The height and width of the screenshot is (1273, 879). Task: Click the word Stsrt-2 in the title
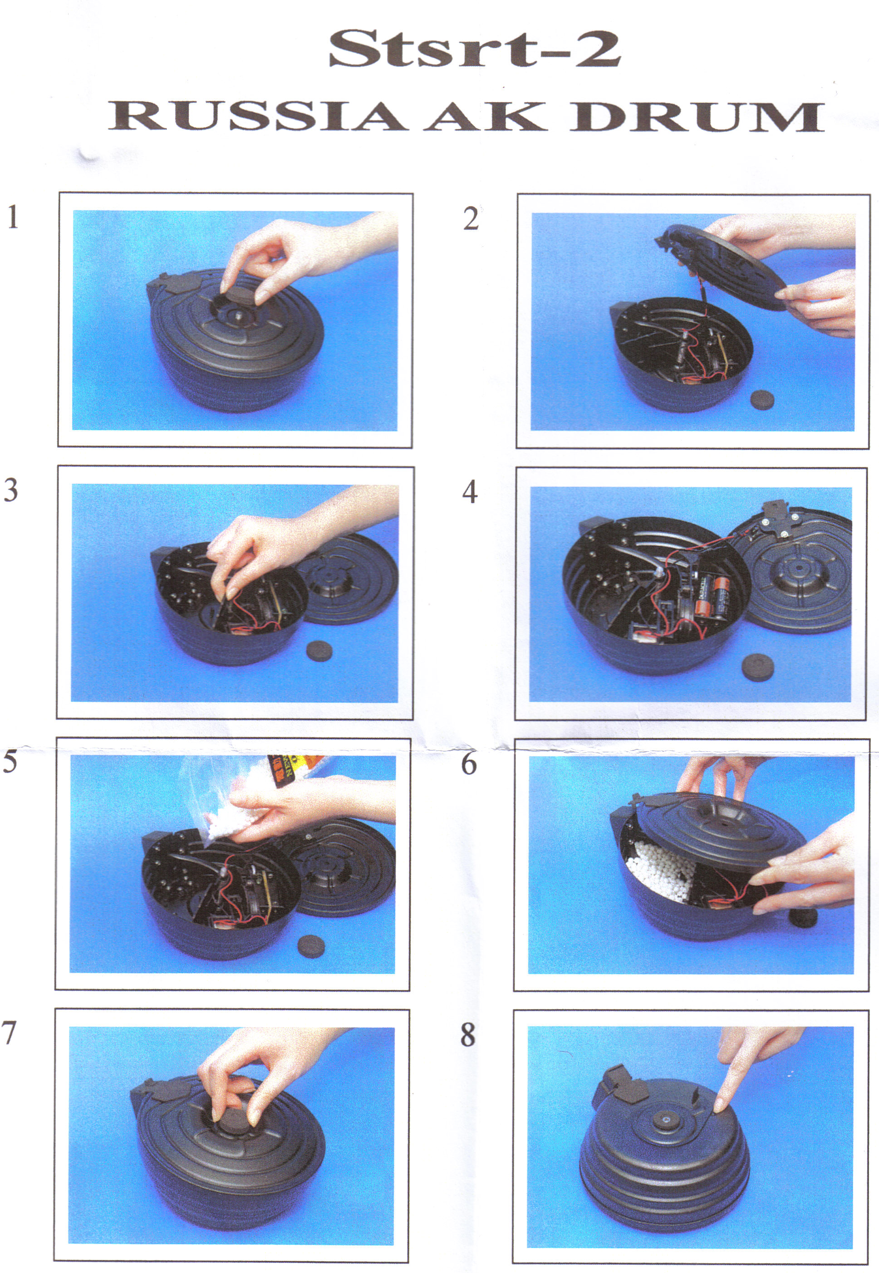click(x=475, y=49)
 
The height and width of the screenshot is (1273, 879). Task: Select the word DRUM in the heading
click(x=696, y=116)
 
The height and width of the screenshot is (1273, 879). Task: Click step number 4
click(x=470, y=492)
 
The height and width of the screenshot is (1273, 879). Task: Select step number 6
click(x=469, y=764)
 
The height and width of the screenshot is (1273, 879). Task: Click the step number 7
click(x=8, y=1033)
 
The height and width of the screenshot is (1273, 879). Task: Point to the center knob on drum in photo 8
click(x=665, y=1121)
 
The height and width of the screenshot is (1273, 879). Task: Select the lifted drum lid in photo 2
click(x=721, y=265)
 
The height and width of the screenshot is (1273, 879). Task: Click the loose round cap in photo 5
click(x=312, y=945)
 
